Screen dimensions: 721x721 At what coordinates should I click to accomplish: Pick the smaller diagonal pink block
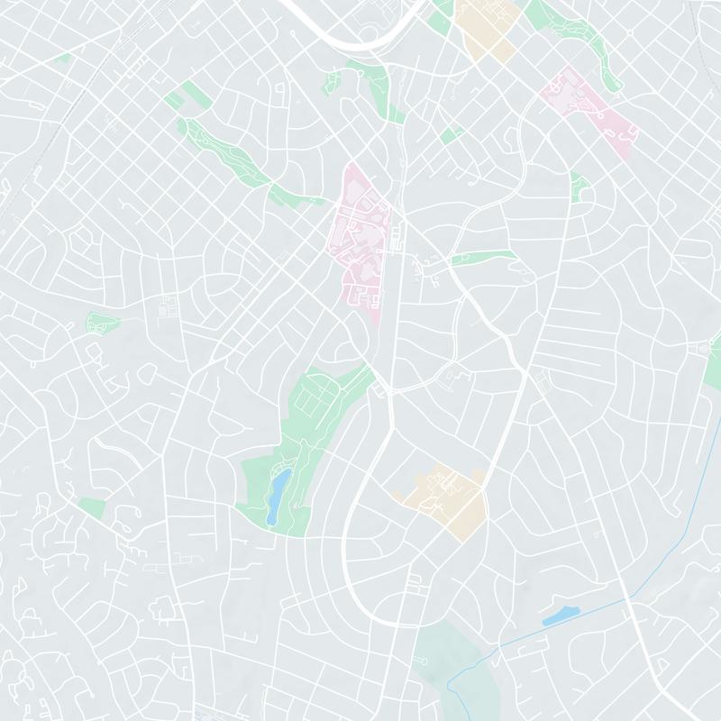click(590, 108)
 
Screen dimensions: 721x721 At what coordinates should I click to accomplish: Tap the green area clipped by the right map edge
click(712, 360)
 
